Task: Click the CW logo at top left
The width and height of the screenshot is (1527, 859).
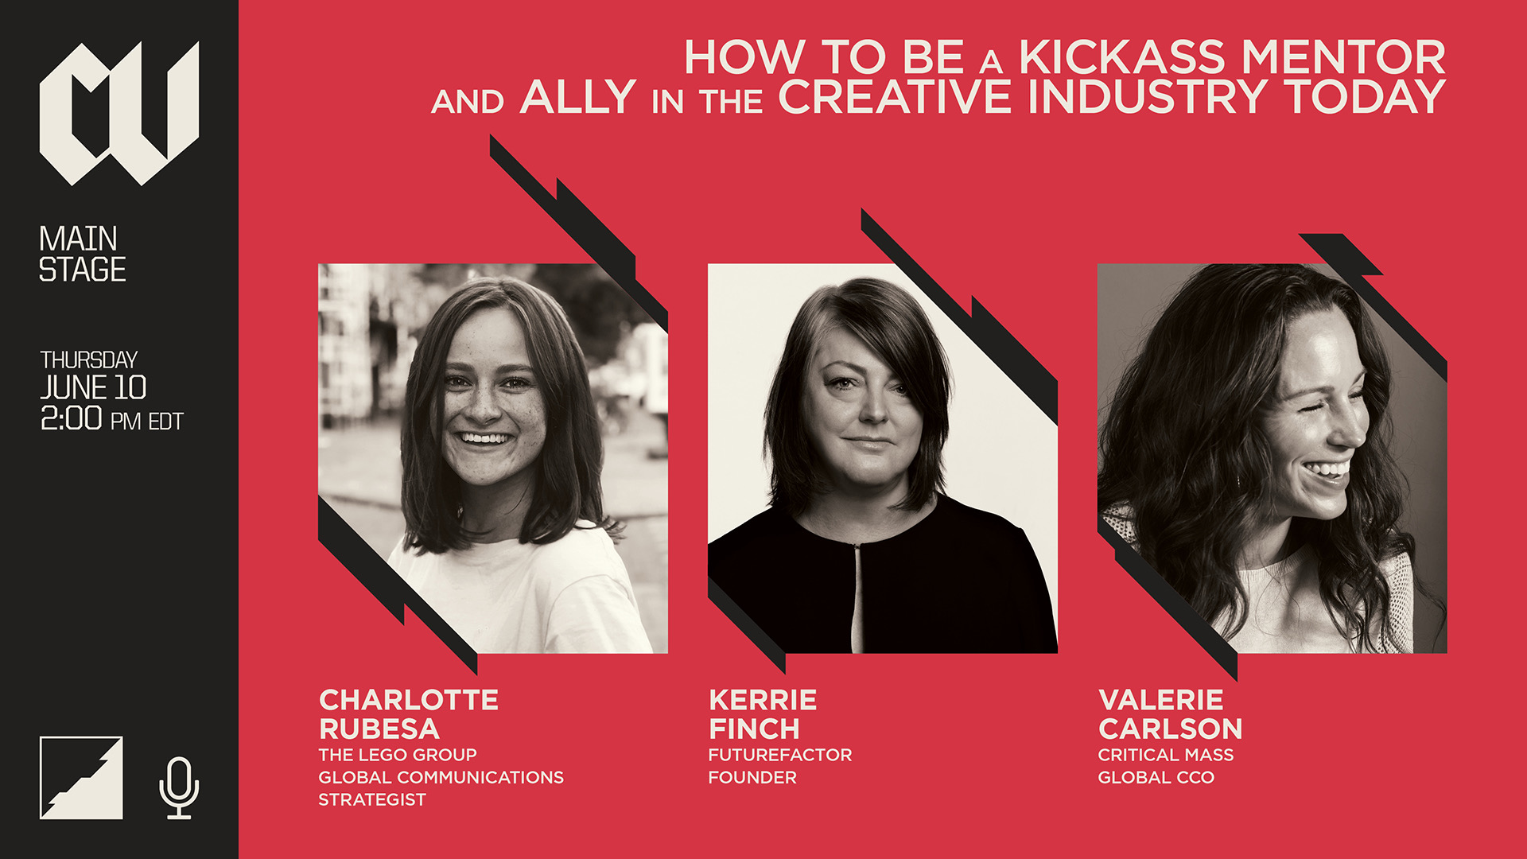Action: pyautogui.click(x=119, y=113)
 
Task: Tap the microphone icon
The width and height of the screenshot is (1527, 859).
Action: pyautogui.click(x=179, y=787)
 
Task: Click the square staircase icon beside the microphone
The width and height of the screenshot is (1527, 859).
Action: pyautogui.click(x=81, y=778)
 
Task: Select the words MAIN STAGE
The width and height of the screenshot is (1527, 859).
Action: pyautogui.click(x=83, y=254)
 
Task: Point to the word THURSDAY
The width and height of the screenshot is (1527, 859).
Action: pyautogui.click(x=89, y=360)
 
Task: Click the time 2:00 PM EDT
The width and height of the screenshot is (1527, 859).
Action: pyautogui.click(x=112, y=418)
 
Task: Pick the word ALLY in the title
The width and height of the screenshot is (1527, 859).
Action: pyautogui.click(x=578, y=97)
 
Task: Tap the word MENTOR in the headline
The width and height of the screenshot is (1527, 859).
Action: pyautogui.click(x=1343, y=57)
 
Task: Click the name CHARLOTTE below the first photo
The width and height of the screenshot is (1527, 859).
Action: pyautogui.click(x=409, y=700)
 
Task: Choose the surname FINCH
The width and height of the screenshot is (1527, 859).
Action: pyautogui.click(x=754, y=729)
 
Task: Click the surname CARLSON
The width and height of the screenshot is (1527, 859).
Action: pyautogui.click(x=1170, y=729)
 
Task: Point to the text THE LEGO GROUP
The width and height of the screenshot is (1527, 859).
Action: pyautogui.click(x=398, y=755)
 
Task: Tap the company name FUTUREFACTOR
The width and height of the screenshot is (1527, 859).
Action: pyautogui.click(x=780, y=755)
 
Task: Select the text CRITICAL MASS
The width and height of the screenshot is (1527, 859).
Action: pyautogui.click(x=1166, y=755)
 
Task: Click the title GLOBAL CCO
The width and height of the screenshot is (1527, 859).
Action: pyautogui.click(x=1156, y=777)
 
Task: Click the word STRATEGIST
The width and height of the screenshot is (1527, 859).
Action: pyautogui.click(x=372, y=799)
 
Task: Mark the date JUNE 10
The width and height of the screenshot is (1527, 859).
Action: pyautogui.click(x=94, y=387)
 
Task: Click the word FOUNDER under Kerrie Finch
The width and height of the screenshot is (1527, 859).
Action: pyautogui.click(x=752, y=777)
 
